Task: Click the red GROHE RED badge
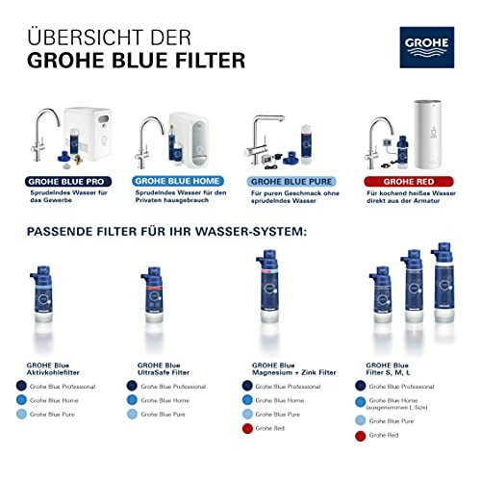407,180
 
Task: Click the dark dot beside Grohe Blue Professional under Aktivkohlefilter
21,386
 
